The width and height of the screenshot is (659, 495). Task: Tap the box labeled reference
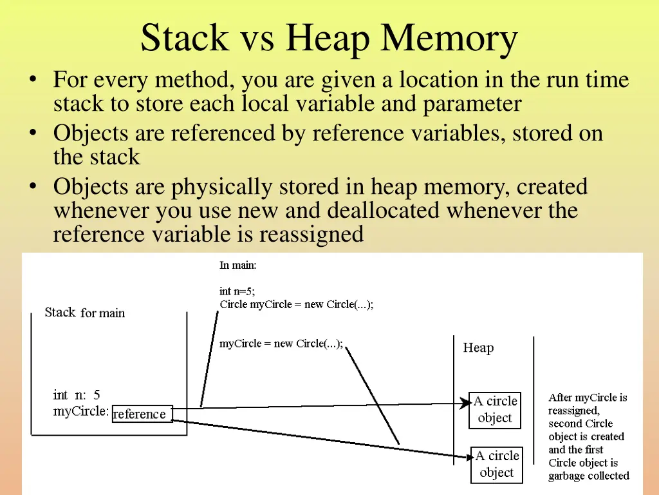tap(140, 414)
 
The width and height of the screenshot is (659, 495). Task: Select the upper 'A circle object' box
tap(495, 409)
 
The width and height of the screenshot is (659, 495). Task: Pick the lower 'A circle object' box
tap(496, 464)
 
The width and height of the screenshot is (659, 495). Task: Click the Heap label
tap(478, 348)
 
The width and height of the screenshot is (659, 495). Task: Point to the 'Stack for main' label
tap(85, 313)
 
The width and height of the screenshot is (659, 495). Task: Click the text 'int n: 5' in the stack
tap(77, 395)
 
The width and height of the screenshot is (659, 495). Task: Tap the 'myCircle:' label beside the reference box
tap(81, 411)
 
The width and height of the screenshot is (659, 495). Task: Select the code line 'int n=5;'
tap(237, 291)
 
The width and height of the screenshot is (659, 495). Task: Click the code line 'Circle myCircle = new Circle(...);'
tap(296, 304)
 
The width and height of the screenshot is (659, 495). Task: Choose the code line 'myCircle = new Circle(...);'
tap(281, 344)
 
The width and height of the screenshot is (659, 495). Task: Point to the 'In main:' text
tap(237, 265)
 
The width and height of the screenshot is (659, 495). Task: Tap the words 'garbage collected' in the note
tap(588, 476)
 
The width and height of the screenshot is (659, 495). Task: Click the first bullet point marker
tap(32, 81)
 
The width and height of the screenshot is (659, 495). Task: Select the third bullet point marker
tap(32, 187)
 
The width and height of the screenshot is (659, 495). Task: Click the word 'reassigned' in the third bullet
tap(311, 234)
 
